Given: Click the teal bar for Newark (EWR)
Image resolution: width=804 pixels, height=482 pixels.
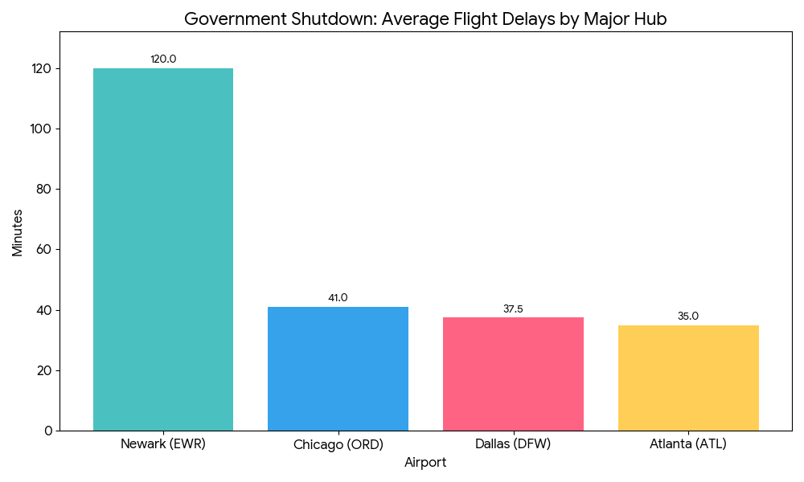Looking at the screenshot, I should click(163, 249).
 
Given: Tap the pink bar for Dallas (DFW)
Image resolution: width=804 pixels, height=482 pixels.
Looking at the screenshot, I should click(513, 374).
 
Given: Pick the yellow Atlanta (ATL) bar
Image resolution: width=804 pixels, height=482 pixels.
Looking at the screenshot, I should click(688, 378).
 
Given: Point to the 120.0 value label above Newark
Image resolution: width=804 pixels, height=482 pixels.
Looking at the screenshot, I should click(163, 59).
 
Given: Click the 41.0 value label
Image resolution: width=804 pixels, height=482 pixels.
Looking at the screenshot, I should click(338, 298).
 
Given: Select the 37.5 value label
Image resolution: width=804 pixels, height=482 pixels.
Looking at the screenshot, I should click(513, 308).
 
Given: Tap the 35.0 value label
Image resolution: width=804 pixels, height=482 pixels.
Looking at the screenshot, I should click(688, 317).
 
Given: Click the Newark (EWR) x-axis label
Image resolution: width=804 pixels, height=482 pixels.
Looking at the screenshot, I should click(163, 444).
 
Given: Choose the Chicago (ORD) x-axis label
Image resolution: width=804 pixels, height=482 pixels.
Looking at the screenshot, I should click(338, 444).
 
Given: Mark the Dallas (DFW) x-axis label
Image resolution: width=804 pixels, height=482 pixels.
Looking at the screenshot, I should click(513, 444).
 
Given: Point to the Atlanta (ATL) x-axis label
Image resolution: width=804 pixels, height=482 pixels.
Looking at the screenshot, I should click(688, 444).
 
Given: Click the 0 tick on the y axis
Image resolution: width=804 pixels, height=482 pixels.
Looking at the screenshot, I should click(48, 431).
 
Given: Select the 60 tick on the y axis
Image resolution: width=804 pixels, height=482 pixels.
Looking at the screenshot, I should click(45, 250).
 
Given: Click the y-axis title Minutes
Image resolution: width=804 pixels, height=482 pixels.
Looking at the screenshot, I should click(18, 232).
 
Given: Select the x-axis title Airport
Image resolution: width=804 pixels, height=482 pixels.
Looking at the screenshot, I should click(425, 463).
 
